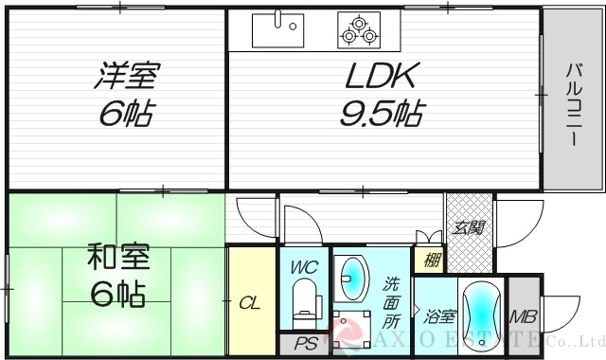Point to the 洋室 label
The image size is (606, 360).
(126, 76)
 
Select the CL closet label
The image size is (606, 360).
(250, 303)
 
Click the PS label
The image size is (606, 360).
(305, 345)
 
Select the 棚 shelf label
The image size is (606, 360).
(430, 259)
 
